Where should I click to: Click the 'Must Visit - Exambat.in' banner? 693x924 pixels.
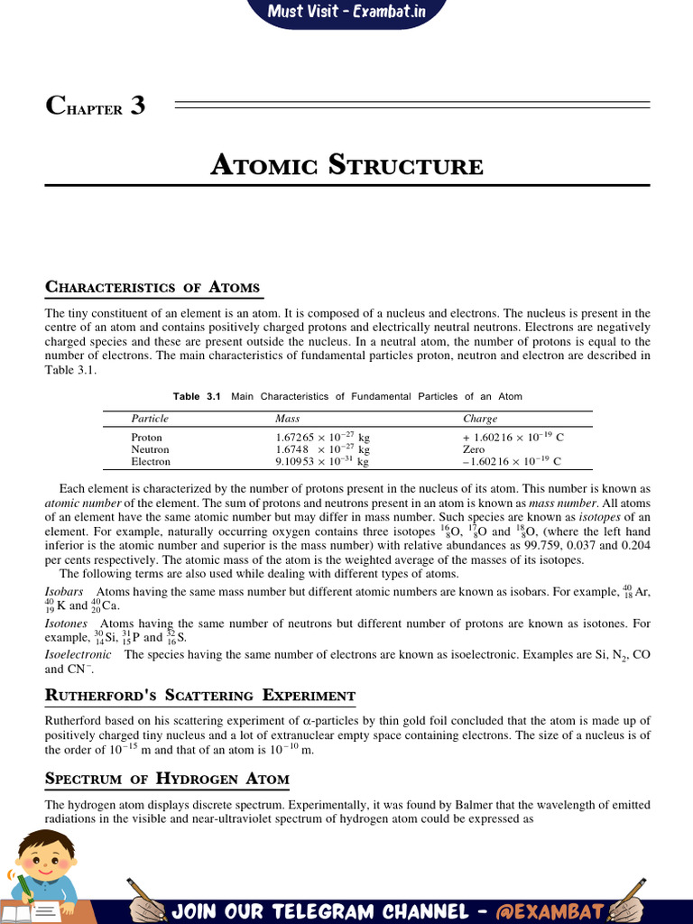click(x=346, y=13)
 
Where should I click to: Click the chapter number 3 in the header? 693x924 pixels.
click(x=137, y=106)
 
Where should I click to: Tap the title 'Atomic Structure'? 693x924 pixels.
click(x=346, y=166)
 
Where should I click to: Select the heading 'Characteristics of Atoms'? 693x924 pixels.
click(x=152, y=287)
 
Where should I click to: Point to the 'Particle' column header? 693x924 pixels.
click(x=150, y=419)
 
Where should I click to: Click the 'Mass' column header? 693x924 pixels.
click(x=288, y=419)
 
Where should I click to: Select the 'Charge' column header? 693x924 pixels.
click(x=480, y=419)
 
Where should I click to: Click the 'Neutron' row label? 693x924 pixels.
click(x=150, y=448)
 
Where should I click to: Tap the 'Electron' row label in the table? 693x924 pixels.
click(x=151, y=461)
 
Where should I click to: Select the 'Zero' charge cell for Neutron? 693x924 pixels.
click(x=473, y=448)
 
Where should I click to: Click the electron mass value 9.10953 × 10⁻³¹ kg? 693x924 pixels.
click(x=322, y=461)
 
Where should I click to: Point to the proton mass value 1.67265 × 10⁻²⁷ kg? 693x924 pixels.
click(x=322, y=437)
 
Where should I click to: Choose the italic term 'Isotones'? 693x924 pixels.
click(x=66, y=623)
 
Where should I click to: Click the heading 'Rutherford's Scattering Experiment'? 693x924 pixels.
click(x=200, y=695)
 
